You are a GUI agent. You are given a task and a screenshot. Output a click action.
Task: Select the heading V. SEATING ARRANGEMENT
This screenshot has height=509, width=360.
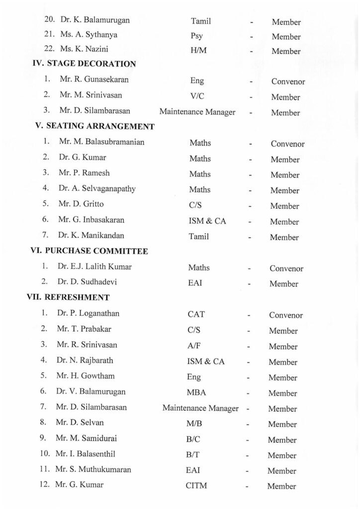tap(94, 126)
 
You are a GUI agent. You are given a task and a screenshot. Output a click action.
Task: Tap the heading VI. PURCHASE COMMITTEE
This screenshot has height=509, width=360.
tap(89, 251)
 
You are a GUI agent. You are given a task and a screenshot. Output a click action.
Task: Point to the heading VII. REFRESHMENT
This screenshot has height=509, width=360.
tap(68, 298)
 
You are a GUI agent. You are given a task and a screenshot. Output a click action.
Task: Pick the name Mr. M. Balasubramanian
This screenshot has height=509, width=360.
tap(101, 142)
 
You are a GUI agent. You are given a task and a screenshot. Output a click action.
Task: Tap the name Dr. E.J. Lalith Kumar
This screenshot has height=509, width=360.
tap(94, 267)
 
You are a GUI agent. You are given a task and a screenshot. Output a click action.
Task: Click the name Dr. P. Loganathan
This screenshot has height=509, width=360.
tap(88, 314)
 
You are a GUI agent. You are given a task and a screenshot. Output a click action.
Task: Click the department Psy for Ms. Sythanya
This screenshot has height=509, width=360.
tap(196, 36)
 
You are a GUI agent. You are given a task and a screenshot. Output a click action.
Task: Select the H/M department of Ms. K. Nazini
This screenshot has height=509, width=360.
tap(198, 51)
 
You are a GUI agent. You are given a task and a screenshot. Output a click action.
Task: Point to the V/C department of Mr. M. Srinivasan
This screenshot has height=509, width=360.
tap(197, 96)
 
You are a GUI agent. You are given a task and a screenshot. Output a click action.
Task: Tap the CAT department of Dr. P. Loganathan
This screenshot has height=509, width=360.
tap(196, 314)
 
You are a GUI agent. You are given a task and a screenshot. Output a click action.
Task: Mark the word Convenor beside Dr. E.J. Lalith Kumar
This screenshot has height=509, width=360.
tap(286, 268)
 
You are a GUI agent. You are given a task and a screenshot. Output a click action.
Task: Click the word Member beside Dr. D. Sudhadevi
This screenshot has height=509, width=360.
tap(284, 284)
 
